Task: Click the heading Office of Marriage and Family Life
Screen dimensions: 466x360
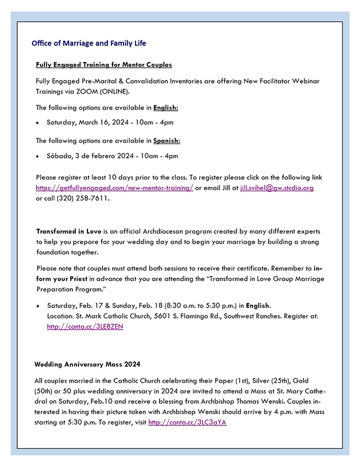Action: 89,43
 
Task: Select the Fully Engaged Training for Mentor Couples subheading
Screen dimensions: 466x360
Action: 104,65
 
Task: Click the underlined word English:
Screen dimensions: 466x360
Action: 166,107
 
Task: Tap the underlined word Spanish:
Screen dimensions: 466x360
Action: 167,141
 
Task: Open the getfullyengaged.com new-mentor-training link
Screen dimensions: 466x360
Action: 115,188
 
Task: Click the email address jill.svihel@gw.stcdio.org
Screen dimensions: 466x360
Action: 277,188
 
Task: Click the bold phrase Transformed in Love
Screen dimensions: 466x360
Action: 69,231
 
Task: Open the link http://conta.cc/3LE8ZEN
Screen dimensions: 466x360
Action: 85,326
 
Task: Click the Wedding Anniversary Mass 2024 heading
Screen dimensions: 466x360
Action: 88,365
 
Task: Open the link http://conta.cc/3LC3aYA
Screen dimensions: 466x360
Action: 187,423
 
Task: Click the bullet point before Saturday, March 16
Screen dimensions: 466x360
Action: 37,122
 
